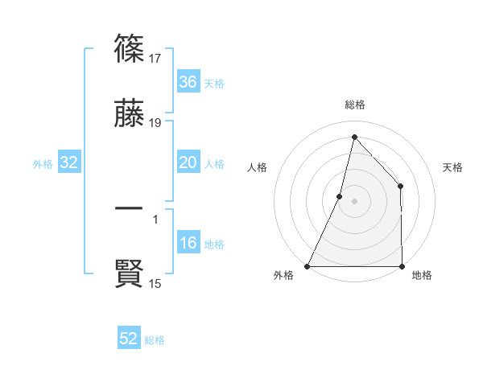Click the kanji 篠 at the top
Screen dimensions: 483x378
pos(129,48)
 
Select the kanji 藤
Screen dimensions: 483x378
pos(129,114)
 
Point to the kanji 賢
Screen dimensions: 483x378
pos(129,274)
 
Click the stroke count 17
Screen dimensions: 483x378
pos(156,58)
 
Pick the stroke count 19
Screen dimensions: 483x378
pos(156,124)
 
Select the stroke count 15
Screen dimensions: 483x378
pos(156,284)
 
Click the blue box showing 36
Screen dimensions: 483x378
pos(188,82)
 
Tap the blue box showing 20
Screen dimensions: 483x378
pos(188,162)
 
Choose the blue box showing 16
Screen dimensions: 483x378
pos(188,244)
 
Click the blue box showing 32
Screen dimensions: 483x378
pos(69,163)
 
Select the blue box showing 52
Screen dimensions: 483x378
pos(129,339)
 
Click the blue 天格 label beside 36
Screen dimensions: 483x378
pos(214,84)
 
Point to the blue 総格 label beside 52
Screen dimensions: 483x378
pos(155,340)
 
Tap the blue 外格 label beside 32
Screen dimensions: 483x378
pos(43,164)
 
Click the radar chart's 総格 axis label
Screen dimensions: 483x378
pos(354,105)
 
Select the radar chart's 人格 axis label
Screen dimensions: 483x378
pos(257,167)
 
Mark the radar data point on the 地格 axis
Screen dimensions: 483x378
pos(402,265)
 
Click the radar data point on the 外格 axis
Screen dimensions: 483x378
pos(308,265)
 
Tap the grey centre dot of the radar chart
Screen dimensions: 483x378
pos(354,201)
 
